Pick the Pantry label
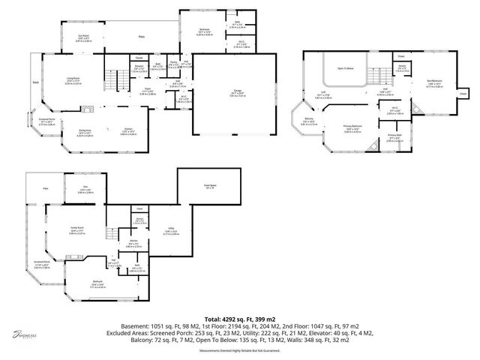point(172,65)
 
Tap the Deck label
point(35,82)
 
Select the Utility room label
point(149,233)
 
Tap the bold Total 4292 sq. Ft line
point(239,319)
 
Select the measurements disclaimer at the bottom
point(240,350)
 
